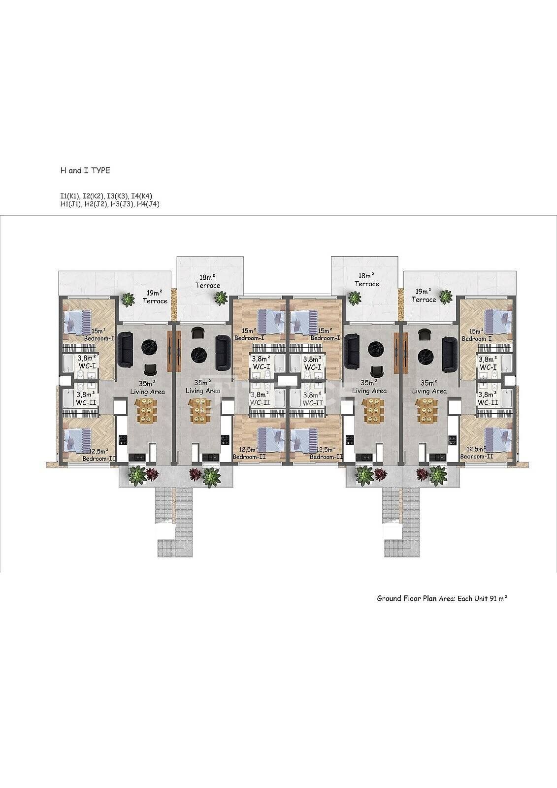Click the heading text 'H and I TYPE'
point(85,170)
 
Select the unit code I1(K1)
point(70,197)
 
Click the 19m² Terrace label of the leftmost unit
point(155,296)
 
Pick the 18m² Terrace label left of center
point(208,281)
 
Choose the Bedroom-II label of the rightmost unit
point(477,456)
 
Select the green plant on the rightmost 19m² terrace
point(446,296)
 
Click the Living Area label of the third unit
point(369,391)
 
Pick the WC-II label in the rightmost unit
point(488,402)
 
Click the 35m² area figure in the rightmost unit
point(429,383)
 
